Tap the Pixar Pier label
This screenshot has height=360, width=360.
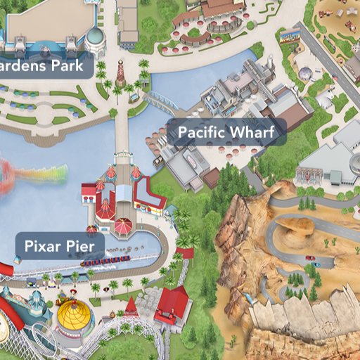click(x=59, y=246)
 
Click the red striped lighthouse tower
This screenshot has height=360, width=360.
click(x=121, y=72)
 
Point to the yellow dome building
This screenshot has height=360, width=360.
click(x=75, y=316)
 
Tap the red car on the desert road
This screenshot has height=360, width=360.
click(x=310, y=258)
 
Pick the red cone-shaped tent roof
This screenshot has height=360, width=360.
click(x=131, y=306)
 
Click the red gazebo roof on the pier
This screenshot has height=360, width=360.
click(x=123, y=226)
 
